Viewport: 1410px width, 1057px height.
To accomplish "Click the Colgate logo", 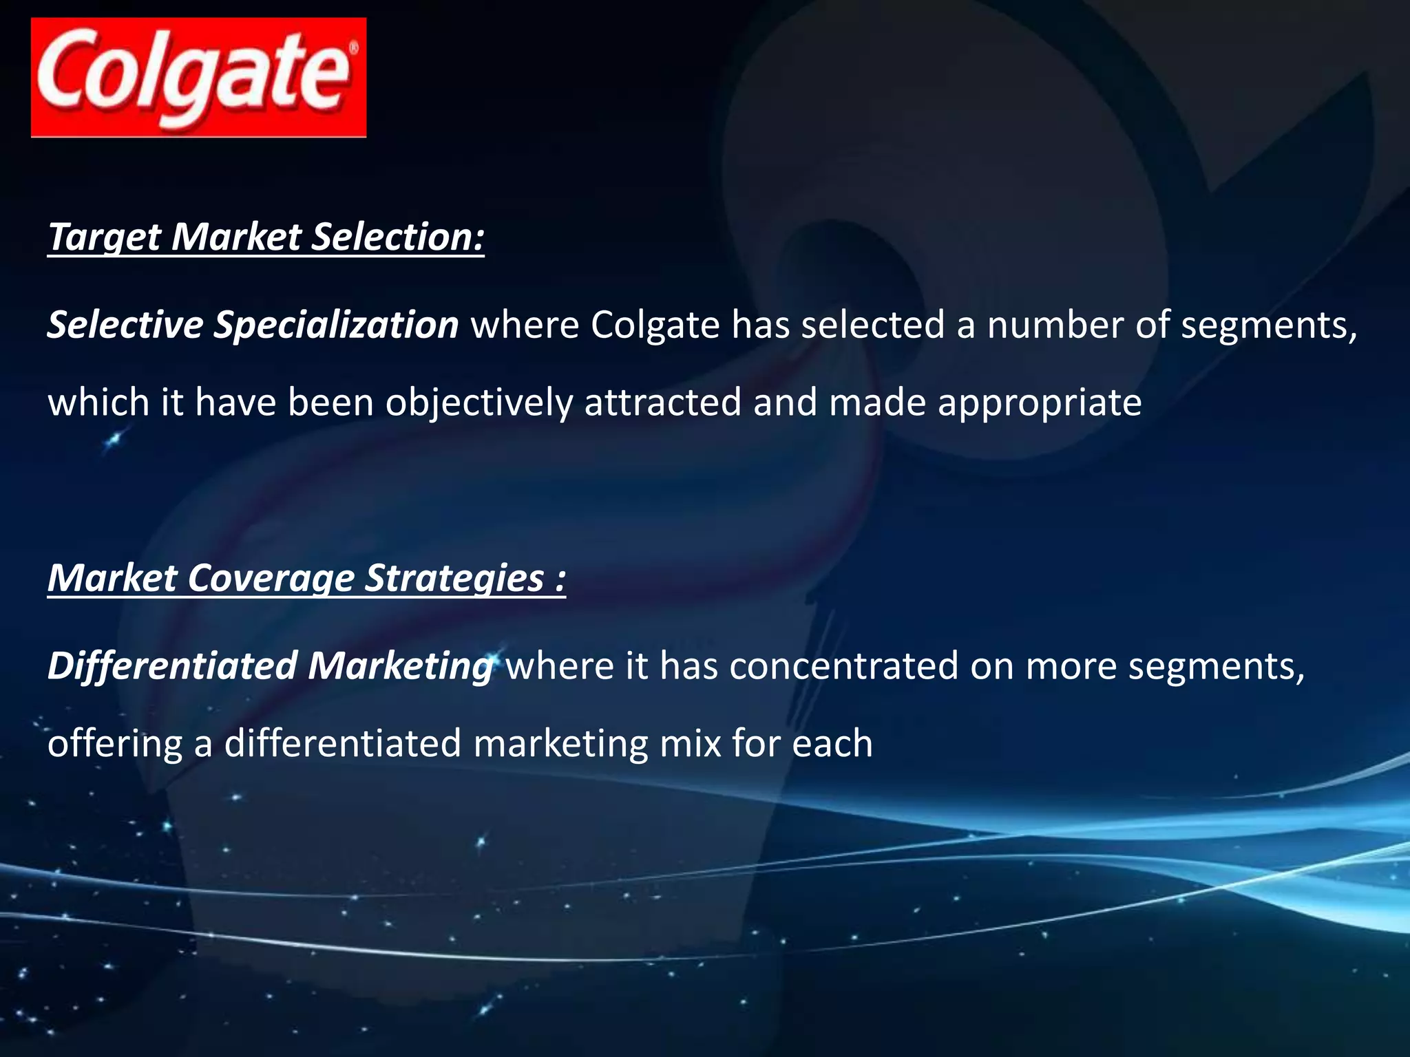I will pyautogui.click(x=198, y=78).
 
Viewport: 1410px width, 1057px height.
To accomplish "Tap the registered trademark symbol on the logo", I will pyautogui.click(x=354, y=47).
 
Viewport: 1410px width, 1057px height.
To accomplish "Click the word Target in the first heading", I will pyautogui.click(x=104, y=237).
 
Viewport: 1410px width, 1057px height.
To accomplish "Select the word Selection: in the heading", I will pyautogui.click(x=398, y=237).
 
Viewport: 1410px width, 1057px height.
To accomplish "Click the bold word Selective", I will pyautogui.click(x=125, y=324).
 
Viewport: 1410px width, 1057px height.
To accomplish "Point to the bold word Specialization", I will pyautogui.click(x=335, y=324).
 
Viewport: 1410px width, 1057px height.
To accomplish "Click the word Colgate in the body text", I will pyautogui.click(x=655, y=324).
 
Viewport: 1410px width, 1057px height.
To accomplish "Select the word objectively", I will pyautogui.click(x=478, y=403).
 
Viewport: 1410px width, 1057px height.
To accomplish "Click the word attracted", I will pyautogui.click(x=662, y=403).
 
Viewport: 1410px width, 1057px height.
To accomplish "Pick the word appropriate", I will pyautogui.click(x=1040, y=403).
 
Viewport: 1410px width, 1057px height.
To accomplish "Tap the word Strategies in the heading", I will pyautogui.click(x=454, y=578).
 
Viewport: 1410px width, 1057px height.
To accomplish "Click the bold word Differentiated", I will pyautogui.click(x=172, y=666).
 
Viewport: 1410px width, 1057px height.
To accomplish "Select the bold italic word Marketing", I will pyautogui.click(x=400, y=666).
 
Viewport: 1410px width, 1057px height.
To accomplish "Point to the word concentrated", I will pyautogui.click(x=843, y=666).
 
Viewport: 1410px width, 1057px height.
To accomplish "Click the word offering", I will pyautogui.click(x=114, y=744).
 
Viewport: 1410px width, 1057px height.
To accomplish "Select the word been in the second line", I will pyautogui.click(x=330, y=403).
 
